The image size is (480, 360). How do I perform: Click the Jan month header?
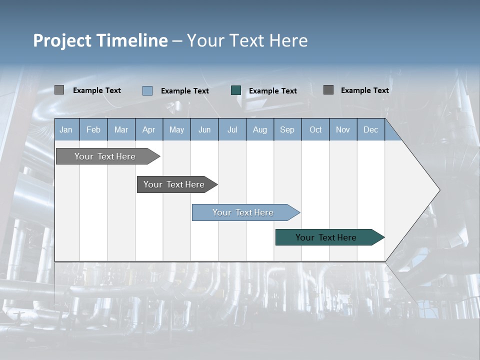click(x=66, y=129)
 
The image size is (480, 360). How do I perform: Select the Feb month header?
click(x=93, y=129)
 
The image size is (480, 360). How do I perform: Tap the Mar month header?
click(x=121, y=129)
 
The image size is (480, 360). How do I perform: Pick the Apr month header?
click(x=149, y=129)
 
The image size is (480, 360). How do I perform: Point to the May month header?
click(x=176, y=129)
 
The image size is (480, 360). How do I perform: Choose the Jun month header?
click(x=204, y=129)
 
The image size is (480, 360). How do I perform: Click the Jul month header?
click(x=232, y=129)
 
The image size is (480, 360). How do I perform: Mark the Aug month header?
click(x=260, y=129)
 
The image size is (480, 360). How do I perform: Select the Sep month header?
click(x=287, y=129)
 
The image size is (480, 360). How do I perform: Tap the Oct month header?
click(x=315, y=129)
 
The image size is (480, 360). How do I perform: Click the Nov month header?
click(x=343, y=129)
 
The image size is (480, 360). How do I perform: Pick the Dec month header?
click(x=371, y=129)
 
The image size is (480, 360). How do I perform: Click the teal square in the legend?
click(x=236, y=90)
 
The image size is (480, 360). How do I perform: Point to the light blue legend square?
click(x=147, y=90)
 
